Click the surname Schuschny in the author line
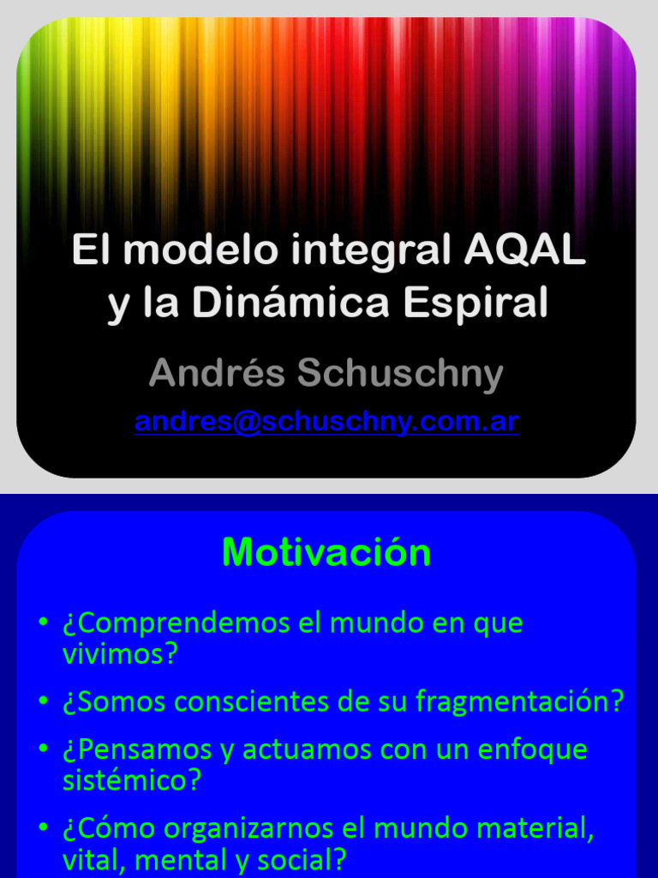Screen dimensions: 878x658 tap(400, 374)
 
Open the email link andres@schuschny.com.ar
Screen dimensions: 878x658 tap(326, 422)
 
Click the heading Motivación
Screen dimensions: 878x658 tap(326, 553)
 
